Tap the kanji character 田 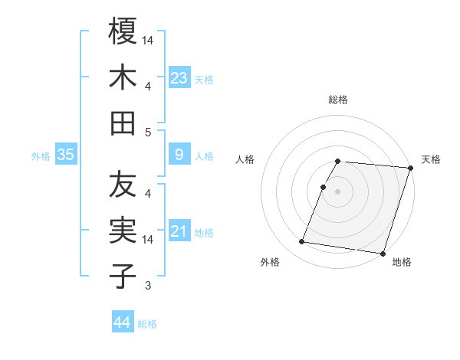point(123,123)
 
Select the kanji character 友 point(123,185)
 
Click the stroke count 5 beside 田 point(148,132)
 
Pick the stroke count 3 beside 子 point(148,286)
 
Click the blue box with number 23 point(179,77)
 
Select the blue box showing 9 point(179,155)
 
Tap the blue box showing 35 point(65,155)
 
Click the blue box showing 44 point(122,322)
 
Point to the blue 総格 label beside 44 point(147,324)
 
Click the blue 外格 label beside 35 point(41,156)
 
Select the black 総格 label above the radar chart point(338,100)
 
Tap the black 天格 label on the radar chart point(431,159)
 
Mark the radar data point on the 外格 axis point(302,242)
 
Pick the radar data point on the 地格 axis point(382,254)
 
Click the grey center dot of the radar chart point(338,191)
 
